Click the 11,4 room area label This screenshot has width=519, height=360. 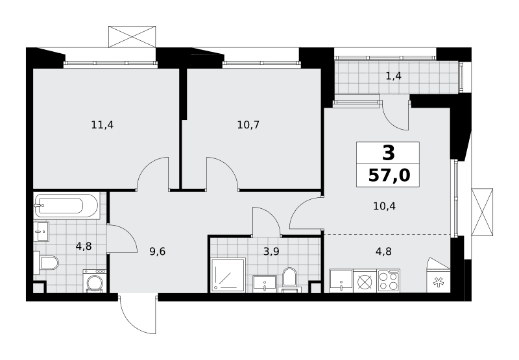click(103, 125)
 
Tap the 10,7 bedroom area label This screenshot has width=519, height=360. click(248, 125)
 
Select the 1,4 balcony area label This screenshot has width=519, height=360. click(394, 76)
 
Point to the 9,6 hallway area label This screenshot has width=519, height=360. click(158, 252)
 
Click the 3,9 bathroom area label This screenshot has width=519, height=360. click(271, 252)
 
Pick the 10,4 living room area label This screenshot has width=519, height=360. click(384, 206)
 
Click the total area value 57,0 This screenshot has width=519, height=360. click(389, 175)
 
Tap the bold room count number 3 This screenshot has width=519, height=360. click(389, 153)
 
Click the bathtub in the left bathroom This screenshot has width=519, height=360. click(66, 206)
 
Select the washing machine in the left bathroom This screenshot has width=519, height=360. click(95, 281)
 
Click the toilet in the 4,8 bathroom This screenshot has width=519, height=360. click(46, 263)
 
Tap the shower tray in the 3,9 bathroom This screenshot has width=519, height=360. click(228, 276)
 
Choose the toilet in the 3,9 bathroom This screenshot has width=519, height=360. click(289, 280)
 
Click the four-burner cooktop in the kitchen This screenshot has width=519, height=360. click(389, 281)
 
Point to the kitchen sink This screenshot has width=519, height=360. click(341, 281)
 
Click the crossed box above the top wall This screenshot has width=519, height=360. click(132, 37)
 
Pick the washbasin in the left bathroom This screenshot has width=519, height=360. click(42, 232)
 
